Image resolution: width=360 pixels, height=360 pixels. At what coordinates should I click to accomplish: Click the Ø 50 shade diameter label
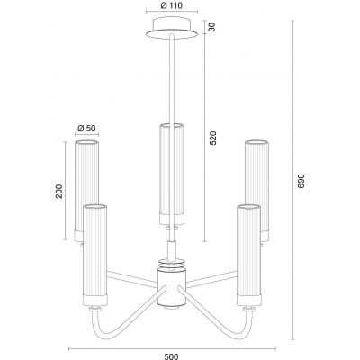point(87,129)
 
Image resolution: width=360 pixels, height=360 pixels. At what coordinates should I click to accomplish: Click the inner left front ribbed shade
point(94,252)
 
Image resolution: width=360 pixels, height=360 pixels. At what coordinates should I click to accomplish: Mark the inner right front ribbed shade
point(247,252)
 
